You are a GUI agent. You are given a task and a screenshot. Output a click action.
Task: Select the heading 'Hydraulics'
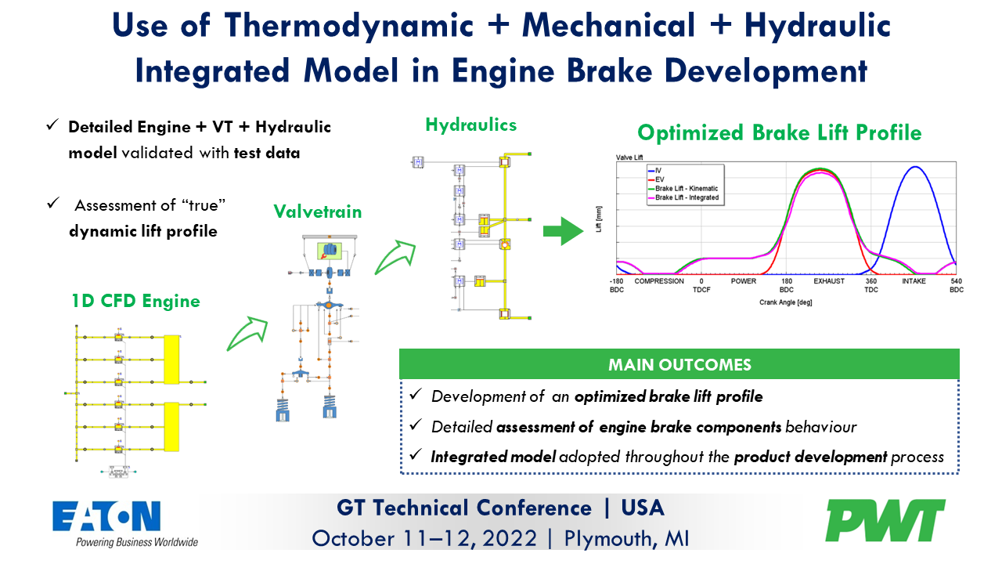pyautogui.click(x=470, y=125)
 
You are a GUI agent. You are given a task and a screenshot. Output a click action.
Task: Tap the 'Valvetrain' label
pyautogui.click(x=317, y=211)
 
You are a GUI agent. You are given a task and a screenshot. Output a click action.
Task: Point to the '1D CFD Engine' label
pyautogui.click(x=136, y=301)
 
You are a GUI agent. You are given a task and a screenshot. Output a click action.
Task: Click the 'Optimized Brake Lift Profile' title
pyautogui.click(x=779, y=132)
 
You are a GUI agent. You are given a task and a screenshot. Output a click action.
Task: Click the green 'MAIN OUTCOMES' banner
pyautogui.click(x=679, y=365)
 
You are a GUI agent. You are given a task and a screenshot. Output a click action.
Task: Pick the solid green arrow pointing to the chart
pyautogui.click(x=563, y=232)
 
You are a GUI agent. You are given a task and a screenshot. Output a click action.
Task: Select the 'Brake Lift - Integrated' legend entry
pyautogui.click(x=687, y=198)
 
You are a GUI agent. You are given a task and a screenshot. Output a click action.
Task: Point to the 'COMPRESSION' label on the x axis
pyautogui.click(x=658, y=281)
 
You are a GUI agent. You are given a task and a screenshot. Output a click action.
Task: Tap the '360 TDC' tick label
pyautogui.click(x=870, y=285)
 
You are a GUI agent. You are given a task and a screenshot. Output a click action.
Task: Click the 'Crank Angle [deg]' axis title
pyautogui.click(x=786, y=302)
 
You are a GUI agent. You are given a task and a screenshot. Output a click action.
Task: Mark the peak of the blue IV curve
pyautogui.click(x=914, y=166)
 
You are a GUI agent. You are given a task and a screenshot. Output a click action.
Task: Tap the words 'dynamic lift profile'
pyautogui.click(x=142, y=231)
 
